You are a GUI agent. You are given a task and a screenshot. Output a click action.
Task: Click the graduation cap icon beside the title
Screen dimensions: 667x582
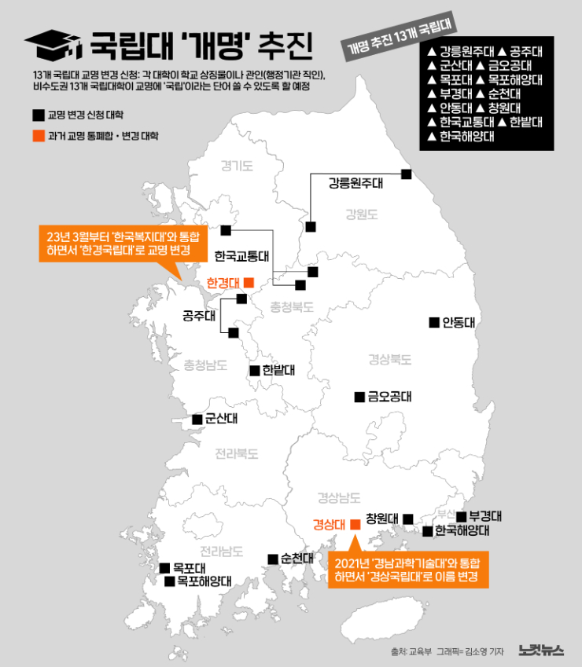52,46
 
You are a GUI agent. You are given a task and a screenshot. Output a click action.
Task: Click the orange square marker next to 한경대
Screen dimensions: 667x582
249,282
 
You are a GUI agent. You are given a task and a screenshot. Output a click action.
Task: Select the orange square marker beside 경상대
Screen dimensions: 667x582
354,522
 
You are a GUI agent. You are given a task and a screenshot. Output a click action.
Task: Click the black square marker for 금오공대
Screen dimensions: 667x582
359,397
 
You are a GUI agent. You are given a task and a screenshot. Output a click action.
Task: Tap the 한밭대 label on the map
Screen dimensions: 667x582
279,370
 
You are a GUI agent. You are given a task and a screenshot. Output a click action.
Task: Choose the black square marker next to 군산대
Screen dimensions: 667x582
197,420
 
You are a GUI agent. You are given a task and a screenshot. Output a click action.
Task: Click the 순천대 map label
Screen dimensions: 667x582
298,559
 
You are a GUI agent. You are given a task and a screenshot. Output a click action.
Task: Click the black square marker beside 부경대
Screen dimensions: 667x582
462,516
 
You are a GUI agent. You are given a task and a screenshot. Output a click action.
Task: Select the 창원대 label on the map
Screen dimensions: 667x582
381,519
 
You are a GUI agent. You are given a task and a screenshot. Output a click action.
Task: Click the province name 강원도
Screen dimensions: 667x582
362,214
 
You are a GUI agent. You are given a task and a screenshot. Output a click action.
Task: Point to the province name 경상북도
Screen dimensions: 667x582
390,360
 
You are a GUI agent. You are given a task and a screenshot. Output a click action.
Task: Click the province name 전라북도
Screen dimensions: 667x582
237,453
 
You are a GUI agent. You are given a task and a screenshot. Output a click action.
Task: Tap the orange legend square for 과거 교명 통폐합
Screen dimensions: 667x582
38,136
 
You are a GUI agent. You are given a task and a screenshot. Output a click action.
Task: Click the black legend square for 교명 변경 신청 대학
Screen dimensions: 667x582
38,115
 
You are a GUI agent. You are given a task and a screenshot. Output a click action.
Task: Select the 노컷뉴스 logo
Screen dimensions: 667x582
541,650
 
